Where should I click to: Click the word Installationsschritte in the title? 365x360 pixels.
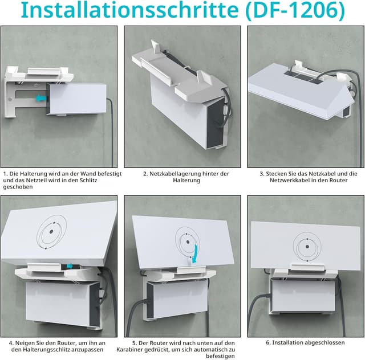(130, 10)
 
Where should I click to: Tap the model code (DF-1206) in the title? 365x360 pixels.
(295, 11)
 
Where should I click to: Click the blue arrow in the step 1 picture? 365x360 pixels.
(41, 99)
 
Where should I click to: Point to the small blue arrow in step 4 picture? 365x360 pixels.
(70, 266)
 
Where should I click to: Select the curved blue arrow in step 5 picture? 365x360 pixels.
(196, 254)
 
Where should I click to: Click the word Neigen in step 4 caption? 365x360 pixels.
(23, 343)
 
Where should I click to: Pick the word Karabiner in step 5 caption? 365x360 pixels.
(130, 350)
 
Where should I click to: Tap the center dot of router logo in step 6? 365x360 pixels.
(307, 247)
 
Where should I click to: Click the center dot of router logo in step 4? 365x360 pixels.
(51, 231)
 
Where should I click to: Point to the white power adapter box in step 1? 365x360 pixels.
(76, 99)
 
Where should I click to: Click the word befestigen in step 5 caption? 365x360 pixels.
(220, 356)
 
